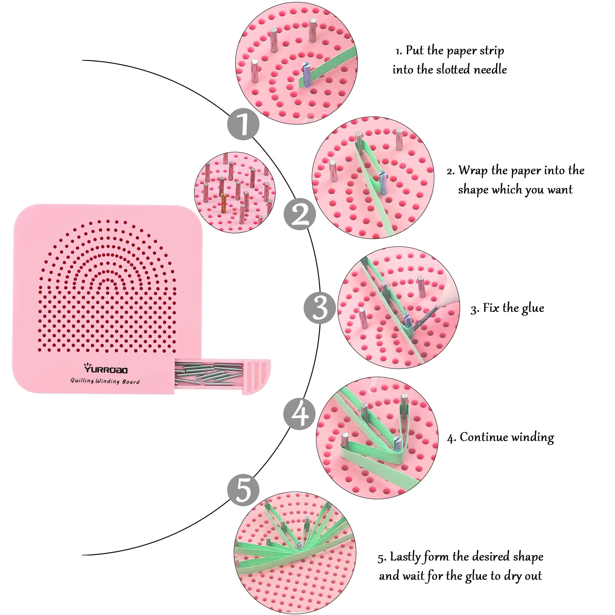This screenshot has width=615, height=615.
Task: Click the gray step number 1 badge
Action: [x=243, y=124]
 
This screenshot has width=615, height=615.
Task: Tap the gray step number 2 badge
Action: [x=300, y=214]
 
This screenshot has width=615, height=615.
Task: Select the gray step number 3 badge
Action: [x=320, y=307]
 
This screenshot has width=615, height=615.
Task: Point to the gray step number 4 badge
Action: [x=300, y=414]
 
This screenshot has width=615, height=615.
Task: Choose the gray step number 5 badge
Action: [x=243, y=490]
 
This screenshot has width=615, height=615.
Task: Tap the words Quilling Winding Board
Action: [x=105, y=381]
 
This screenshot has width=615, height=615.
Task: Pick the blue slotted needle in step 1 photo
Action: [x=306, y=73]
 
